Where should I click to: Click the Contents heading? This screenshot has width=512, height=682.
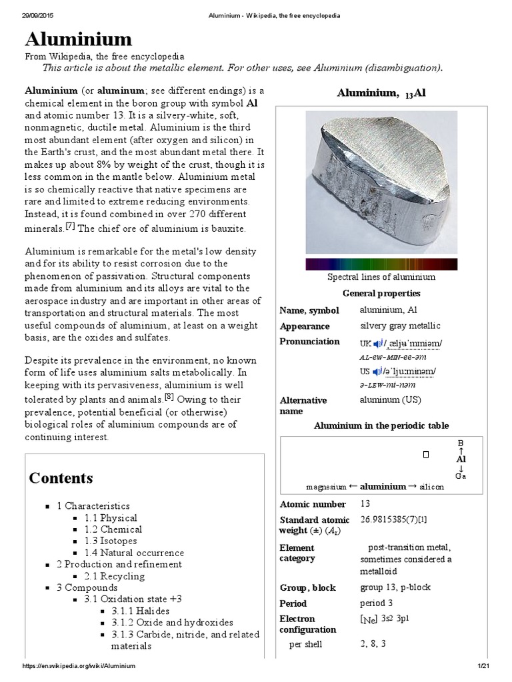pos(61,478)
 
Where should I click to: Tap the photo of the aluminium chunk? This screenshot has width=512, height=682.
pos(381,182)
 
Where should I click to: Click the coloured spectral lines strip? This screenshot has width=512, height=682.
pos(381,264)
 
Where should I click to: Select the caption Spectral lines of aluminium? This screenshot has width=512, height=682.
pos(381,277)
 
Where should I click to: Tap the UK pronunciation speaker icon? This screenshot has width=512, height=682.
pos(377,343)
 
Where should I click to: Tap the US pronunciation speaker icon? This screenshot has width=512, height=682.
pos(377,371)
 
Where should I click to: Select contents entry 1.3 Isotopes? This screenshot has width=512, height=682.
pos(111,541)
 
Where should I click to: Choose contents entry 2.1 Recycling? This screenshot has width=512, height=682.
pos(111,576)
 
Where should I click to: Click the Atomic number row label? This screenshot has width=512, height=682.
pos(313,504)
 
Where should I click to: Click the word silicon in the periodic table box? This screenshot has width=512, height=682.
pos(431,487)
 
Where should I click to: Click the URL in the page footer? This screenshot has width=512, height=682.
pos(79,666)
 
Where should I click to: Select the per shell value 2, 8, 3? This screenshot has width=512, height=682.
pos(373,644)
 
